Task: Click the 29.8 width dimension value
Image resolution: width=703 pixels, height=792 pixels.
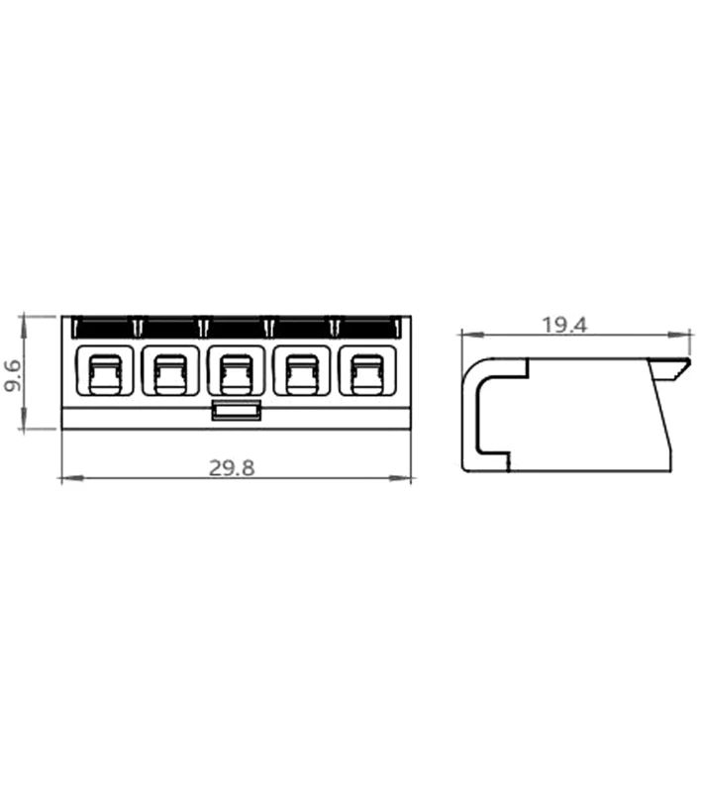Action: pyautogui.click(x=232, y=468)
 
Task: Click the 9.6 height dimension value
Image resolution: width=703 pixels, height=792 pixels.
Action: pyautogui.click(x=12, y=375)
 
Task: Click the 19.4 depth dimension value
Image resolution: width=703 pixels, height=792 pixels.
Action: pyautogui.click(x=564, y=325)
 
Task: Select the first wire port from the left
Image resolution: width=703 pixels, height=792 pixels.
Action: pyautogui.click(x=105, y=370)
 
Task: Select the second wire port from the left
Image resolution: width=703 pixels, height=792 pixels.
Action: pyautogui.click(x=170, y=370)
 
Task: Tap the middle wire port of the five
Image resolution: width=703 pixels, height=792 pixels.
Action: pyautogui.click(x=236, y=370)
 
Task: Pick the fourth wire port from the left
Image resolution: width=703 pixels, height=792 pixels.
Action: pyautogui.click(x=302, y=370)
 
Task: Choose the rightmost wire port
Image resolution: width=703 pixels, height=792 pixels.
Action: pyautogui.click(x=367, y=370)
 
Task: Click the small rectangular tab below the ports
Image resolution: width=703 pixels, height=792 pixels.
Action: pyautogui.click(x=236, y=410)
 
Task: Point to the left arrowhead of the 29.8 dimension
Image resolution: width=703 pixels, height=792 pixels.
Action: pyautogui.click(x=71, y=478)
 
